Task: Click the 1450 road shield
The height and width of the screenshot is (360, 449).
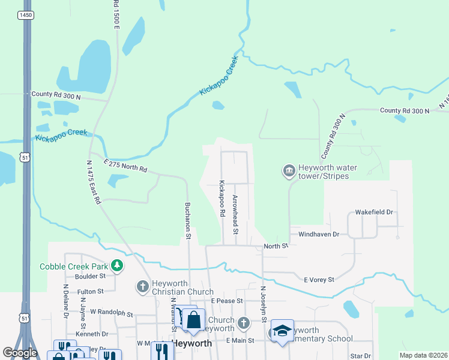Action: [x=25, y=14]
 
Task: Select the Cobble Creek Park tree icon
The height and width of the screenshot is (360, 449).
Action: [x=118, y=266]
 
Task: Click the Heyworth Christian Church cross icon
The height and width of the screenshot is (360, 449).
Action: [x=143, y=286]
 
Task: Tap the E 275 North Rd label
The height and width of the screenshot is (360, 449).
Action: [x=125, y=166]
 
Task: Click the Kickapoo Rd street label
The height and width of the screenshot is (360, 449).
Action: [x=221, y=199]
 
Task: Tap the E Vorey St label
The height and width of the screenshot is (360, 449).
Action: [x=318, y=280]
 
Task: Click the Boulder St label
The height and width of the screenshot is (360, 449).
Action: [x=90, y=277]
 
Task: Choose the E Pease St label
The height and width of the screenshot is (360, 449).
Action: [x=226, y=301]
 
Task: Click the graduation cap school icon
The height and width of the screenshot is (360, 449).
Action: [x=282, y=331]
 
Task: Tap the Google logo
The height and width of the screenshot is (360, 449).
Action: [x=20, y=353]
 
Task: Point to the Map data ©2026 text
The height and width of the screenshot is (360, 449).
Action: [x=423, y=355]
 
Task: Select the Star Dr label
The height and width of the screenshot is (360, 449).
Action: [x=360, y=356]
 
